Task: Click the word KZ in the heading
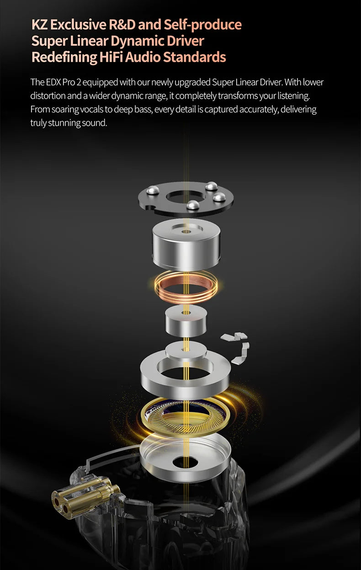[39, 25]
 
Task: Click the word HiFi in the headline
[111, 57]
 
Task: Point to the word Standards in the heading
[195, 57]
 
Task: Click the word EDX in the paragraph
[53, 82]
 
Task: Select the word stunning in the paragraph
[64, 123]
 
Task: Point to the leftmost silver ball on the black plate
[153, 190]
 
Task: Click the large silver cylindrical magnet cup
[186, 244]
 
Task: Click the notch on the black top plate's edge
[152, 208]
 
